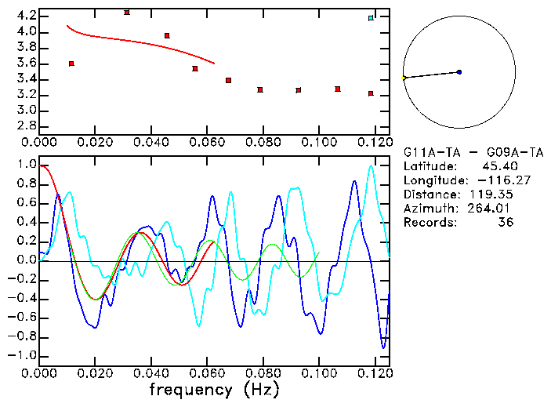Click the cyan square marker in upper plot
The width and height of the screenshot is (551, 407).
pos(371,17)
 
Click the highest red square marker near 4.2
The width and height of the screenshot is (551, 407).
pos(127,13)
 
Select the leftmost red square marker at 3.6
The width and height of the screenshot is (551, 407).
pos(71,64)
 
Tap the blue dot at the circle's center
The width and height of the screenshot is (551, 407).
pos(459,72)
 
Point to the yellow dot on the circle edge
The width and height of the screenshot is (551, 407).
pos(403,78)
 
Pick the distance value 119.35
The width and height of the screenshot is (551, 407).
pos(491,194)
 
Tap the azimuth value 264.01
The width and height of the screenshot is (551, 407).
pos(491,209)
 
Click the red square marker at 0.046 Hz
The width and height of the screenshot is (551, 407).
pos(167,36)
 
